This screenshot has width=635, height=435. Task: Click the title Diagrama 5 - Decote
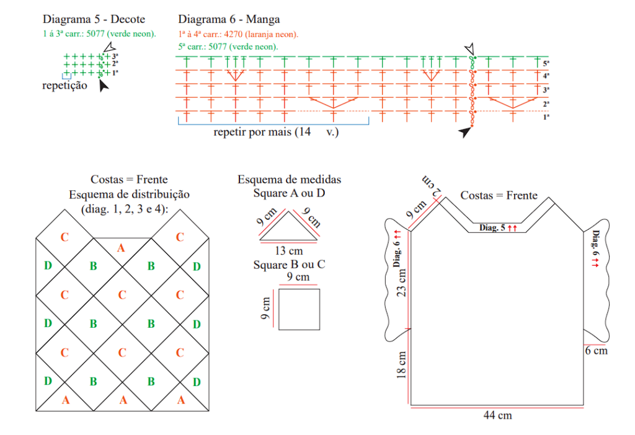pos(94,19)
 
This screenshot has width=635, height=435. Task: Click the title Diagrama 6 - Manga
pos(229,19)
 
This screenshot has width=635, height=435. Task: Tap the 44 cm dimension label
pos(497,415)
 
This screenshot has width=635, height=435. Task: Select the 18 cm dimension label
pos(401,365)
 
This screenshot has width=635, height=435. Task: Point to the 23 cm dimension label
pos(401,283)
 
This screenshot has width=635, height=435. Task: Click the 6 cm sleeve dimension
pos(596,351)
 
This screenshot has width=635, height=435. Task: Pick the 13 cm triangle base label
pos(289,251)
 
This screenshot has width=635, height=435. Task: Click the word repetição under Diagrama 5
pos(64,86)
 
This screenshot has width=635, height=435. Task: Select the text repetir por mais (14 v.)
pos(276,132)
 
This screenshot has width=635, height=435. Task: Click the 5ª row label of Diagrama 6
pos(546,64)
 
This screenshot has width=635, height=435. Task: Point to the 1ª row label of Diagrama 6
pos(546,117)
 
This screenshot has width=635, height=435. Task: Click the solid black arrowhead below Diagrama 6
pos(465,131)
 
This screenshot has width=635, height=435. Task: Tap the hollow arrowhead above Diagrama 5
pos(109,47)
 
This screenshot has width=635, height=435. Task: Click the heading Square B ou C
pos(289,265)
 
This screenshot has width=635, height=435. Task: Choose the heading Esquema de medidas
pos(289,179)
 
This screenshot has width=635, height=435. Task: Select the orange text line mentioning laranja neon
pos(238,35)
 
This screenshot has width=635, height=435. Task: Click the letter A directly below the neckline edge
pos(121,248)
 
